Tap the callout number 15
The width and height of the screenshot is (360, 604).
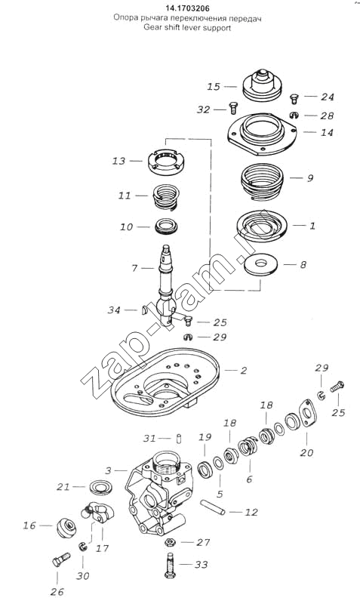tap(214, 87)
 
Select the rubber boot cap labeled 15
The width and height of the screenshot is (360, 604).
tap(262, 85)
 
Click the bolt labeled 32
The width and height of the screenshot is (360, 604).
tap(233, 108)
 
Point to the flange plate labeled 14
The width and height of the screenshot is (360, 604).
tap(262, 134)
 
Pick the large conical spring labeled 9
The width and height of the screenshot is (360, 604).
tap(262, 182)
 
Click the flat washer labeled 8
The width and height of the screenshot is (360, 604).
tap(260, 265)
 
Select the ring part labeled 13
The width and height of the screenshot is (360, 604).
tap(166, 161)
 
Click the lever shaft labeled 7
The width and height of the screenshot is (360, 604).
tap(168, 284)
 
